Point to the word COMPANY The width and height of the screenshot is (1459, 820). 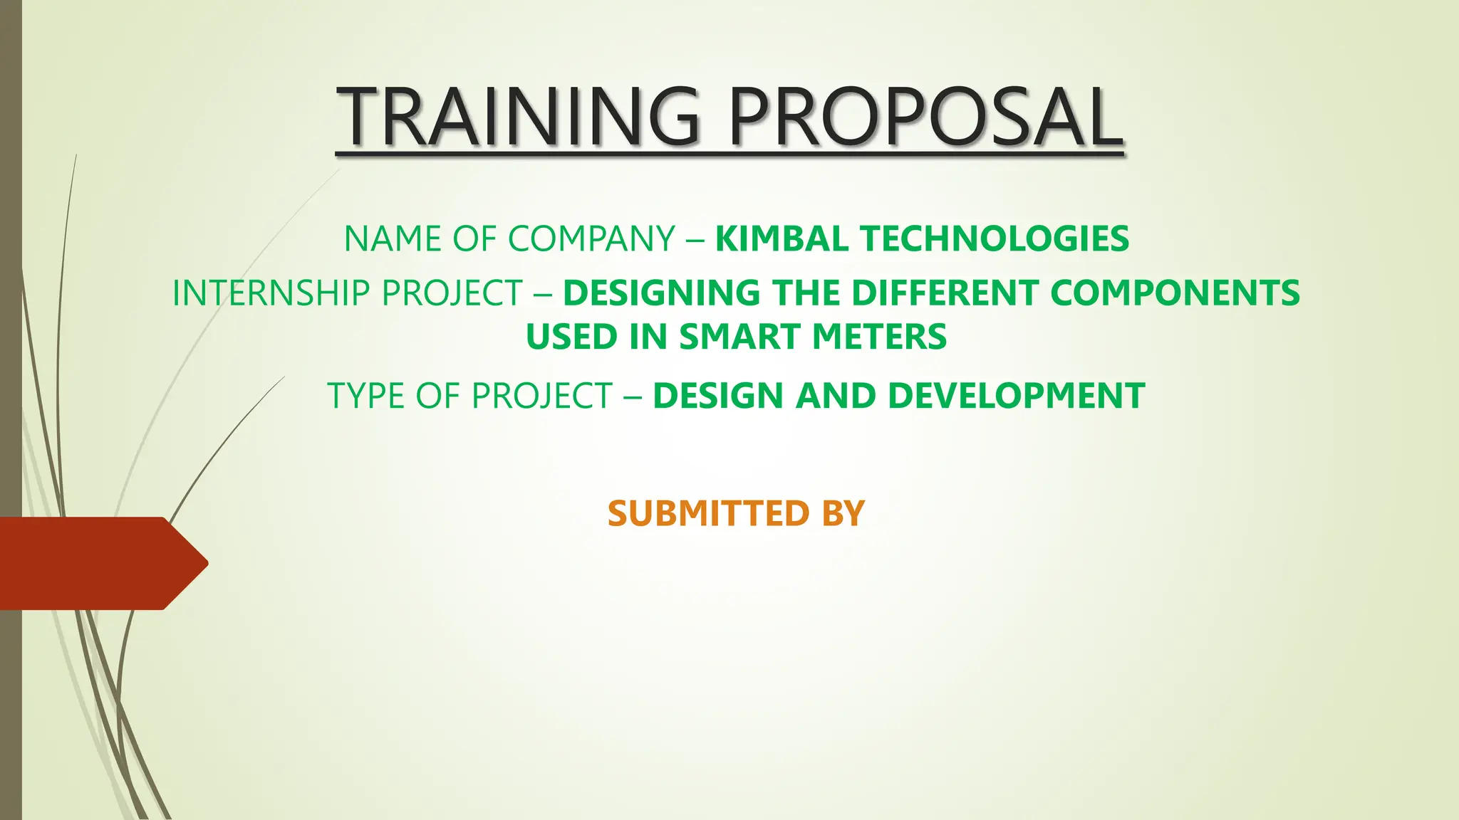(x=591, y=238)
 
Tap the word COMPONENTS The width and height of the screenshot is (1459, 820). (x=1175, y=293)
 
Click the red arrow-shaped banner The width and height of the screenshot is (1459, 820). (x=100, y=563)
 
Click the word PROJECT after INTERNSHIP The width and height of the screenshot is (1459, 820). (x=452, y=293)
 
